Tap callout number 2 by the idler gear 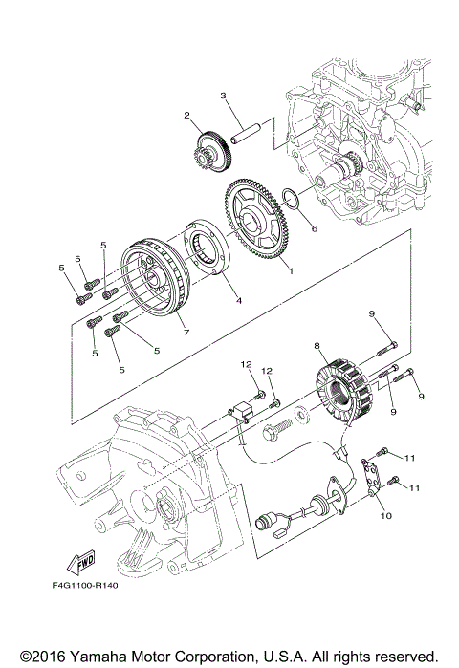pyautogui.click(x=176, y=117)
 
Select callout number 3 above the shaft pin pyautogui.click(x=222, y=96)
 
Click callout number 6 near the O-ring pyautogui.click(x=313, y=228)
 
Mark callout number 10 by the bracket pyautogui.click(x=387, y=515)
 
